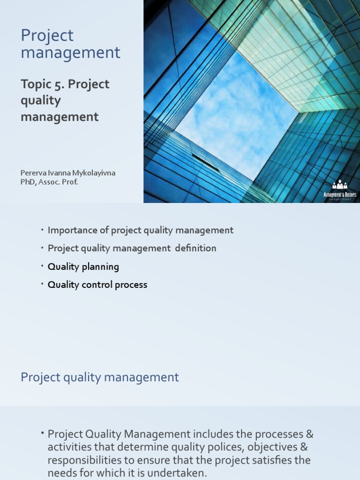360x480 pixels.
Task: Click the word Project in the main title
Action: [47, 36]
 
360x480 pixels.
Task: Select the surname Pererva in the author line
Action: [35, 173]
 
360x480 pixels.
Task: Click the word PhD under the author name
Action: [29, 182]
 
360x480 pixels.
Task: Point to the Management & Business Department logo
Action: [340, 190]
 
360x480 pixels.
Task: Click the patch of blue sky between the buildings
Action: [230, 112]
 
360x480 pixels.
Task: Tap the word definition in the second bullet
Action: [196, 248]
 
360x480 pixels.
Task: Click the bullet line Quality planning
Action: [83, 267]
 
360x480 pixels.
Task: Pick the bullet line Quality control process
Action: [97, 285]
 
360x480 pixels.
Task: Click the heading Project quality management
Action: [100, 377]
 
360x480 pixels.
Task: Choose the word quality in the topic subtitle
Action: [41, 101]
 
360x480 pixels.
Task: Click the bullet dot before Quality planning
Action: [41, 266]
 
